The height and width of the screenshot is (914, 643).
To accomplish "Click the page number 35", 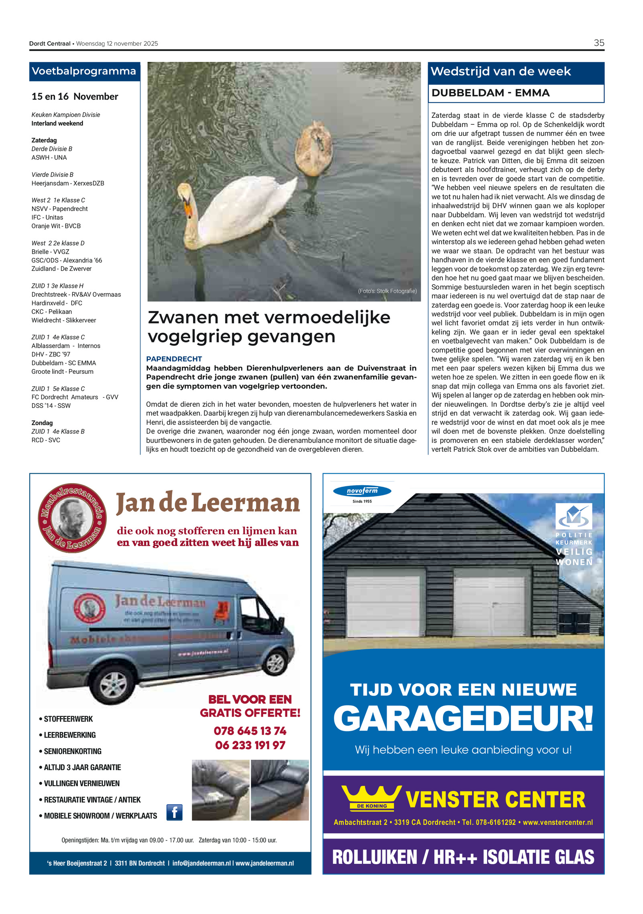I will tap(598, 43).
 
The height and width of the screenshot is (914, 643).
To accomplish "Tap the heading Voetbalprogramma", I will tap(84, 72).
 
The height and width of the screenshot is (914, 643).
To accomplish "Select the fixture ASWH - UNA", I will tap(49, 158).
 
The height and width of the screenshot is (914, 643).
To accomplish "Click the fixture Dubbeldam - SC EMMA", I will tap(63, 363).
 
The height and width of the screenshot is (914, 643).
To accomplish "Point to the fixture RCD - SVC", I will tap(46, 440).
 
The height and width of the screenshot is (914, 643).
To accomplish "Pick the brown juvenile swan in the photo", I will tap(313, 149).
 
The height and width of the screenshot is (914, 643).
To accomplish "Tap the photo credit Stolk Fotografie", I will tap(387, 291).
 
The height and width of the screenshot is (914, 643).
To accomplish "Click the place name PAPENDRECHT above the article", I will tap(174, 359).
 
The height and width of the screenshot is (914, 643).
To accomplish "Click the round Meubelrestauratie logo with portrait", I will tap(72, 518).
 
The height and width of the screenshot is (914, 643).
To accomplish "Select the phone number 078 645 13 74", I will tap(250, 731).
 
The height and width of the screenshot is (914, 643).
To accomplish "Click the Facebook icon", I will tap(174, 812).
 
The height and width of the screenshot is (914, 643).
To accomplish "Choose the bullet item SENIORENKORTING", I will tap(72, 751).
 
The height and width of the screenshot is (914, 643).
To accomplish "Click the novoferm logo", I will tap(362, 491).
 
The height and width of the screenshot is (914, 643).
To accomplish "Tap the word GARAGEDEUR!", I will tap(463, 719).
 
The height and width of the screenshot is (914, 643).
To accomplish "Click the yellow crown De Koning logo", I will tap(371, 798).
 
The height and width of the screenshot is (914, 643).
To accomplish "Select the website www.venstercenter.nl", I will tap(557, 822).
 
